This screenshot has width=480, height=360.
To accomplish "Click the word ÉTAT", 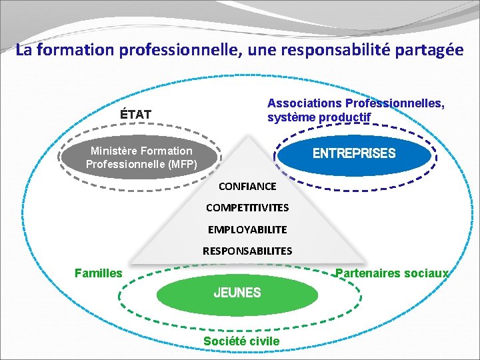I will (135, 114).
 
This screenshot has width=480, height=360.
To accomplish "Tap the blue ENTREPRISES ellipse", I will (354, 154).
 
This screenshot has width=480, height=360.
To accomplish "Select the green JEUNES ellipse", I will (237, 293).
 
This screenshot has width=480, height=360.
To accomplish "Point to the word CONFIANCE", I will (247, 187).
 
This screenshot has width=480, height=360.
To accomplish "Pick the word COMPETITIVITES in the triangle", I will (247, 208).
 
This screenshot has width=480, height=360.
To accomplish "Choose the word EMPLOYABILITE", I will (247, 229).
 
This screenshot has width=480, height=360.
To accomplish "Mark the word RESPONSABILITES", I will (247, 251).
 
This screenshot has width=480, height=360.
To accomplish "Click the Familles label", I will (99, 273).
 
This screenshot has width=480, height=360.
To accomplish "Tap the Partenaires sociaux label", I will (392, 273).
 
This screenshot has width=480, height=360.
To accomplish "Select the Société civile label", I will (241, 341).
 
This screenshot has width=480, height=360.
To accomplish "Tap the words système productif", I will (319, 117).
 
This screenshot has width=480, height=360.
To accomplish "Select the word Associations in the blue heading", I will (304, 103).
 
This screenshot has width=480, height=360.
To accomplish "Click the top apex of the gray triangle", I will (248, 137).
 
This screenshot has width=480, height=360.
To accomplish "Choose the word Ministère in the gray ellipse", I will (115, 151).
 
